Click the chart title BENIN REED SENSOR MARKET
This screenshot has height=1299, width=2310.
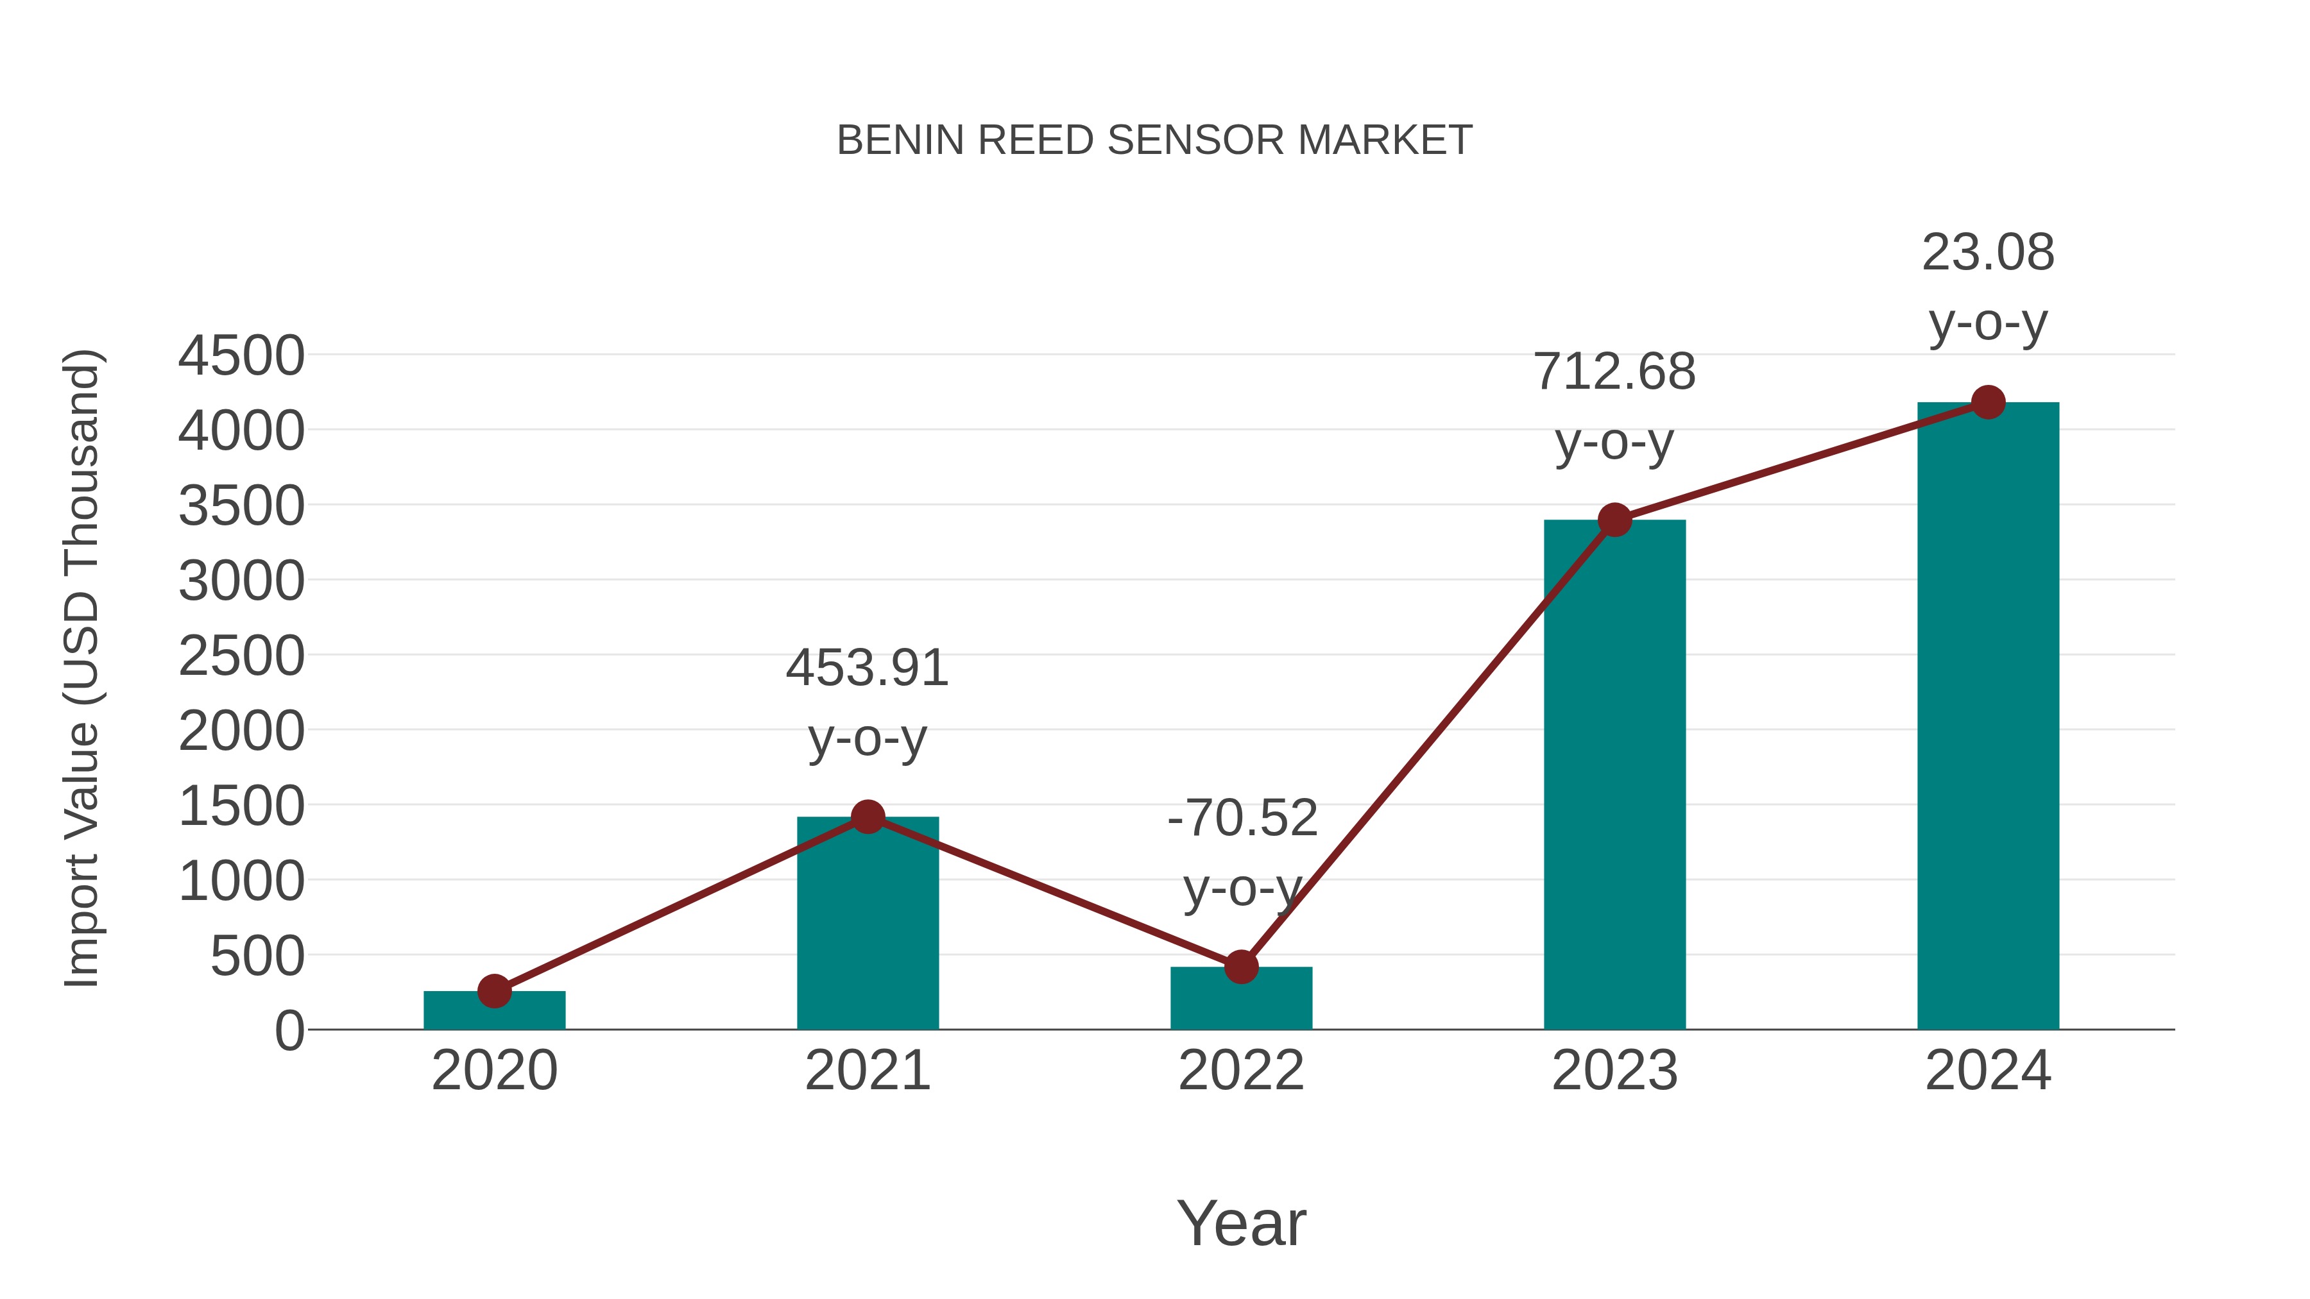coord(1154,140)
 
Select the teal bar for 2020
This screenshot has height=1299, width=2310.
coord(494,1013)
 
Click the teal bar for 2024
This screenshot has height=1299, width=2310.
coord(1988,717)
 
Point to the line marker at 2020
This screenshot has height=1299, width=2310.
coord(494,992)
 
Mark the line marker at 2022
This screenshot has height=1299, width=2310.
coord(1241,967)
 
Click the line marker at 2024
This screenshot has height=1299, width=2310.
coord(1988,402)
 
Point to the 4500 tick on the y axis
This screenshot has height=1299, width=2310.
coord(241,356)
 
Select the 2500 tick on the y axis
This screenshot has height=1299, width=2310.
coord(241,656)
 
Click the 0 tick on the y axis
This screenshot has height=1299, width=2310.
coord(289,1031)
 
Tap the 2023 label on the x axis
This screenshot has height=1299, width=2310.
coord(1614,1071)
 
